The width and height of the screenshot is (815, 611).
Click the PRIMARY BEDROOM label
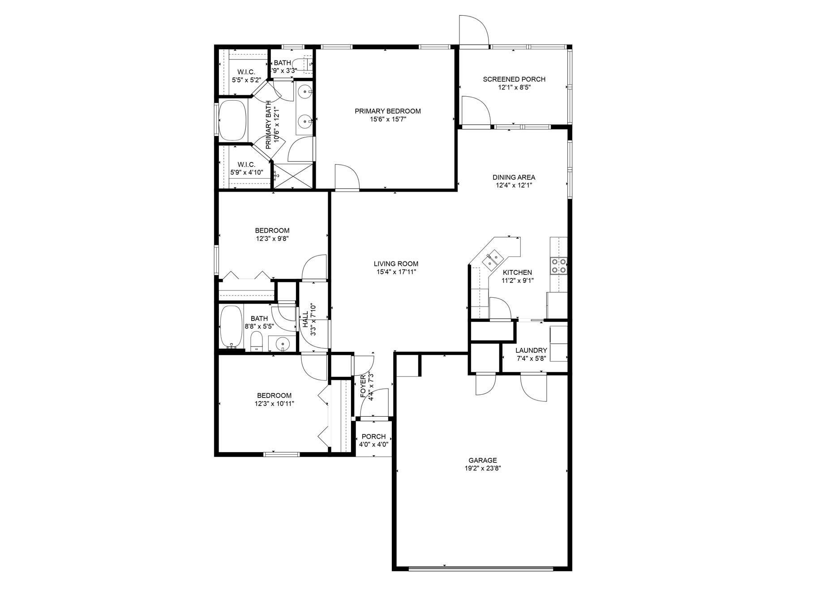point(387,111)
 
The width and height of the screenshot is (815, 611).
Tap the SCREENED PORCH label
point(514,79)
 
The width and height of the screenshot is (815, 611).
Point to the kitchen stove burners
point(559,265)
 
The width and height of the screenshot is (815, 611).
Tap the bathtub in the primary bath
point(232,120)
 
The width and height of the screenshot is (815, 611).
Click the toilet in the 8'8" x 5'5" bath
point(256,342)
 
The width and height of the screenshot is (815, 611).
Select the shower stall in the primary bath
point(292,176)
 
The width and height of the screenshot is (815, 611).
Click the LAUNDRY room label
point(531,350)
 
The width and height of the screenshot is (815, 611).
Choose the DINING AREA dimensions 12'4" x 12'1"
point(514,185)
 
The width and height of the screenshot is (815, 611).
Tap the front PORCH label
point(373,436)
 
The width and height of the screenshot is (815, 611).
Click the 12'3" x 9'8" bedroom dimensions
point(272,239)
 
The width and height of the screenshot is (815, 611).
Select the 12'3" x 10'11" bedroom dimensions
point(274,403)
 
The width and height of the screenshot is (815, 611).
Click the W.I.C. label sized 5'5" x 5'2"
point(246,72)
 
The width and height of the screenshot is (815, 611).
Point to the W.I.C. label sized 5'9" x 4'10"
point(246,164)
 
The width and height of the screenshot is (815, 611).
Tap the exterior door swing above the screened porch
point(474,30)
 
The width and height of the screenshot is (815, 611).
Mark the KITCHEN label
point(517,272)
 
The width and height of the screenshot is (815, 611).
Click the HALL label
point(305,320)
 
